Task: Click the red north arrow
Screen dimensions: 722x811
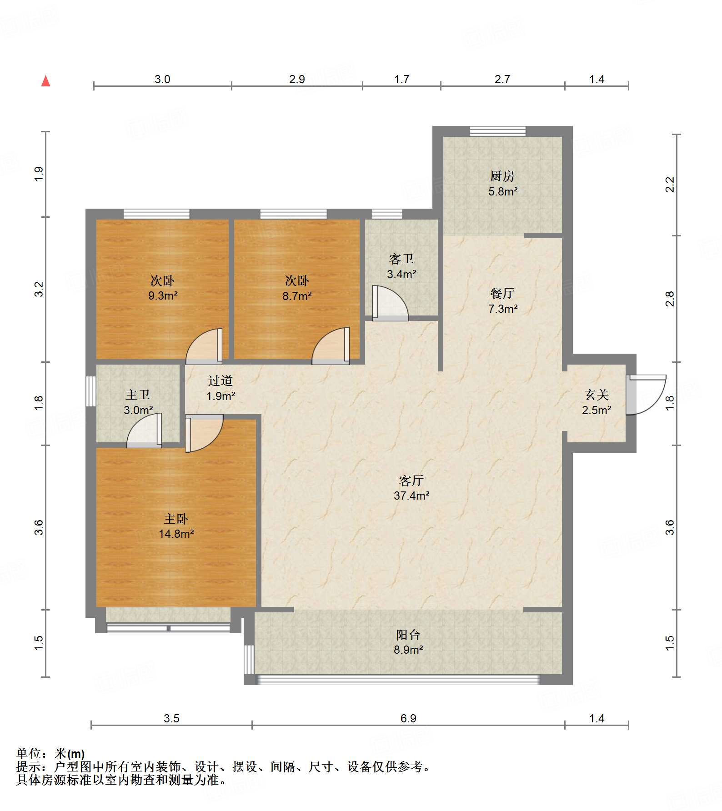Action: [x=45, y=81]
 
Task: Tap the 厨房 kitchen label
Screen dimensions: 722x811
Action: [x=502, y=176]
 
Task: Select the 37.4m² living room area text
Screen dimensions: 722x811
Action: [x=411, y=496]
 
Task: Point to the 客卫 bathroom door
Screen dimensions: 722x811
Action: [x=390, y=303]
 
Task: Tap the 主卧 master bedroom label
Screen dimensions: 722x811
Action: [x=176, y=519]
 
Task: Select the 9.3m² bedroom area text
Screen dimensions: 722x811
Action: [x=163, y=295]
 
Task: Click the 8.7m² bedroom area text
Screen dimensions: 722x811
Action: [x=297, y=296]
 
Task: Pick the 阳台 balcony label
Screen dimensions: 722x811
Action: [x=408, y=635]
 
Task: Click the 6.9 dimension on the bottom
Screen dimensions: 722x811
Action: [x=408, y=718]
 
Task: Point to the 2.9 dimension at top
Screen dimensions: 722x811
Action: [x=297, y=79]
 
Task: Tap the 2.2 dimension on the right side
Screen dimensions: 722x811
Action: [x=670, y=185]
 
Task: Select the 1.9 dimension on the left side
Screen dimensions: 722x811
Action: [x=39, y=174]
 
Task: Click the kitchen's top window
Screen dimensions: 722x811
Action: [x=497, y=131]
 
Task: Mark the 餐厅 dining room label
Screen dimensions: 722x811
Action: [x=502, y=293]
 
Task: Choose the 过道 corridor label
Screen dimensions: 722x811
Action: [x=221, y=380]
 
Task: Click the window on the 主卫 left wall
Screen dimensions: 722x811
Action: [x=91, y=391]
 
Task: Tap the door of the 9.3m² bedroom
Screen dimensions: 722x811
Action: [x=204, y=346]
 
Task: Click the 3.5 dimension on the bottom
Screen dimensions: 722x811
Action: [x=171, y=718]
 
